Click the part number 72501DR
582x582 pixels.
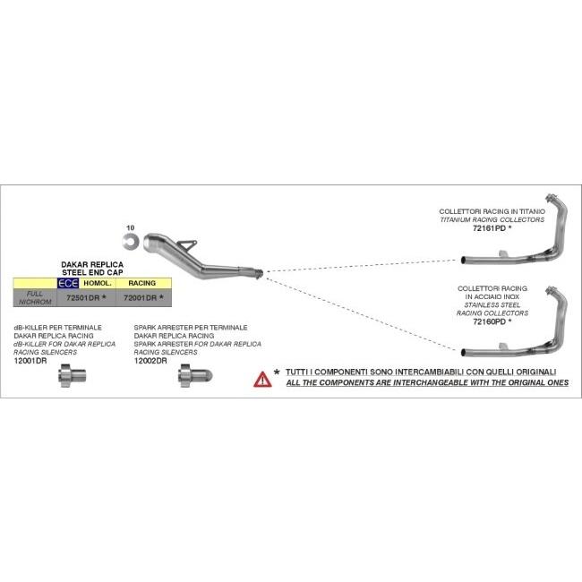[x=82, y=297]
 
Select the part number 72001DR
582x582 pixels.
[x=140, y=297]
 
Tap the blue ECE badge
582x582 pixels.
[x=68, y=283]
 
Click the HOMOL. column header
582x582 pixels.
[x=98, y=283]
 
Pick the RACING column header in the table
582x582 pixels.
[x=142, y=283]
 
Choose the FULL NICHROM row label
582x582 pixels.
[x=35, y=297]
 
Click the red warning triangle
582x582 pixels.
[x=262, y=379]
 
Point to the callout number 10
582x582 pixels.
[x=131, y=227]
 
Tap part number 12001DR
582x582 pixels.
[x=30, y=361]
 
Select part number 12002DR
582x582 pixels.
[x=150, y=361]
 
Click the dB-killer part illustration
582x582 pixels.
[x=73, y=375]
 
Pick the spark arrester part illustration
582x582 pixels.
[x=195, y=375]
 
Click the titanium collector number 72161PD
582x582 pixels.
[x=489, y=228]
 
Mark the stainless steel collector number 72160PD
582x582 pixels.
[x=489, y=321]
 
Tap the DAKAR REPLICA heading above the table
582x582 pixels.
[x=92, y=265]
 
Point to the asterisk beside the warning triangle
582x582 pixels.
[x=277, y=372]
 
